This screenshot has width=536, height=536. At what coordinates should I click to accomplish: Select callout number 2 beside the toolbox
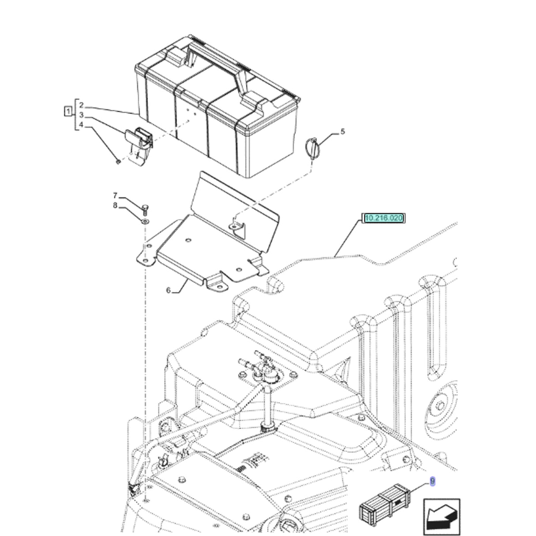81,105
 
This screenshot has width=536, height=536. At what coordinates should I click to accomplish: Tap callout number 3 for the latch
81,115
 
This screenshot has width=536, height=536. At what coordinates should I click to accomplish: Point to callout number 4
81,125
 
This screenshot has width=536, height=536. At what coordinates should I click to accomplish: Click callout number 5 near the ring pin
343,131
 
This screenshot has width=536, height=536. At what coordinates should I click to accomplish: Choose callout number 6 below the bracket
168,291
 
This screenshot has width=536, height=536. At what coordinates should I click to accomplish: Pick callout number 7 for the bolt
115,195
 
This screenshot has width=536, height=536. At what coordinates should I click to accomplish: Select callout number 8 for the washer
115,206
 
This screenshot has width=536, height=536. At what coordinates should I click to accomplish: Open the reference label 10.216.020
384,218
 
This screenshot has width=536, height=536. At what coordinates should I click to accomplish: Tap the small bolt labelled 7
145,210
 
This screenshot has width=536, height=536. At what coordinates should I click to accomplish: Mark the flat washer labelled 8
145,221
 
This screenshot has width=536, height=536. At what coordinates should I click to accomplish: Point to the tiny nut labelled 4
118,161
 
